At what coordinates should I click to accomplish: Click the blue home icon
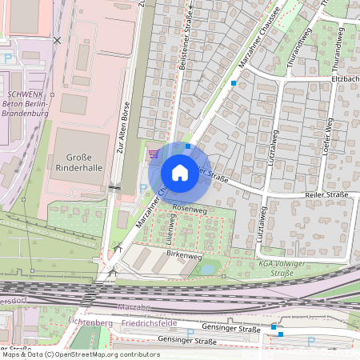180,172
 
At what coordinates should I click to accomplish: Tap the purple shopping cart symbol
154,153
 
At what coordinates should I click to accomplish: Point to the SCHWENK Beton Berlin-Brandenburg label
25,94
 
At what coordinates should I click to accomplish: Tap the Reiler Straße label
329,194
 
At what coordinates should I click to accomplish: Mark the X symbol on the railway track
56,39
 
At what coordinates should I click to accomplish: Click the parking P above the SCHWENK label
8,58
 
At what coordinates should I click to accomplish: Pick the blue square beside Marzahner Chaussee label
234,83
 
